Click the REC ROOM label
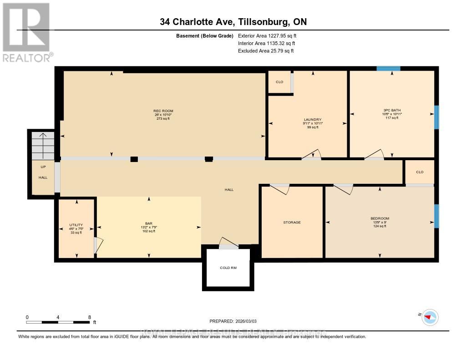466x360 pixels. pyautogui.click(x=163, y=111)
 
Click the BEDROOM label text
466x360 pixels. pyautogui.click(x=380, y=218)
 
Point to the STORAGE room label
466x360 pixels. pyautogui.click(x=292, y=223)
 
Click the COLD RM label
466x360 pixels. pyautogui.click(x=228, y=268)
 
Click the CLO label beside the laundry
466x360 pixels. pyautogui.click(x=279, y=82)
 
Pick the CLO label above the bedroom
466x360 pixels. pyautogui.click(x=420, y=172)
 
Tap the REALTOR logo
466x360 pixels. pyautogui.click(x=26, y=32)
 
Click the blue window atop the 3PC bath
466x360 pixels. pyautogui.click(x=388, y=69)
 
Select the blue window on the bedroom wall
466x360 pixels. pyautogui.click(x=436, y=216)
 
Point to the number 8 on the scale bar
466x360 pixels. pyautogui.click(x=90, y=317)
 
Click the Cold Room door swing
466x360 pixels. pyautogui.click(x=228, y=243)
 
